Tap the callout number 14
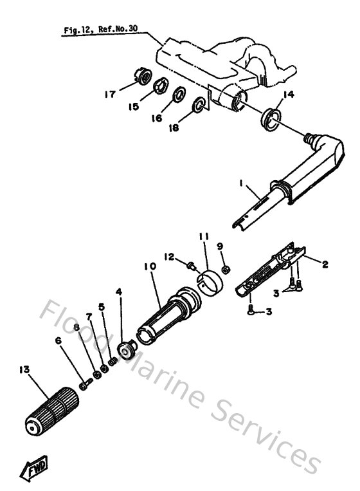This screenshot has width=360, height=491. pos(288,94)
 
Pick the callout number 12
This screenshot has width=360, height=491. pos(170,258)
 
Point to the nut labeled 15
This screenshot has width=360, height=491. pos(161,85)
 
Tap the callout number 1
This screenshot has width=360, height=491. pos(242,183)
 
